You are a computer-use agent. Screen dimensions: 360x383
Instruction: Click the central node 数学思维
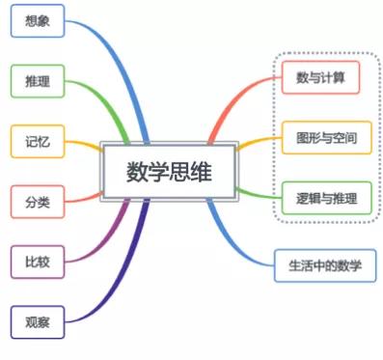[168, 172]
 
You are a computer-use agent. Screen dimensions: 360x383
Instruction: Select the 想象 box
[38, 20]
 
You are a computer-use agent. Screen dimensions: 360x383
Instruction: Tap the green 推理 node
[38, 81]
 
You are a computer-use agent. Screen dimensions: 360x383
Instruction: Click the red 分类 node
[38, 202]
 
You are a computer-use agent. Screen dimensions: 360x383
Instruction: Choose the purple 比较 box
[38, 261]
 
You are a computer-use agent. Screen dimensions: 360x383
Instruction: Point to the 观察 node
[38, 321]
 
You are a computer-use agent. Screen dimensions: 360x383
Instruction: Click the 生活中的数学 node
[318, 263]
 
